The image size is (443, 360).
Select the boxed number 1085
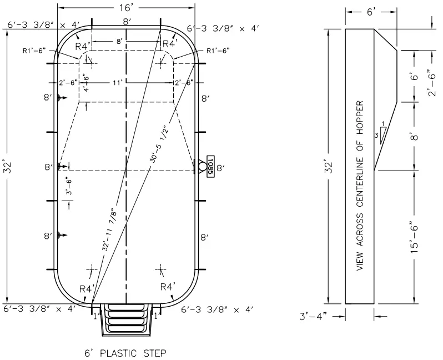coord(210,166)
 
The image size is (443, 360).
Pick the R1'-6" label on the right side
coord(218,50)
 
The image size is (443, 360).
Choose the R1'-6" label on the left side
coord(34,50)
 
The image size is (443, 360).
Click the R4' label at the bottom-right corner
coord(168,287)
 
